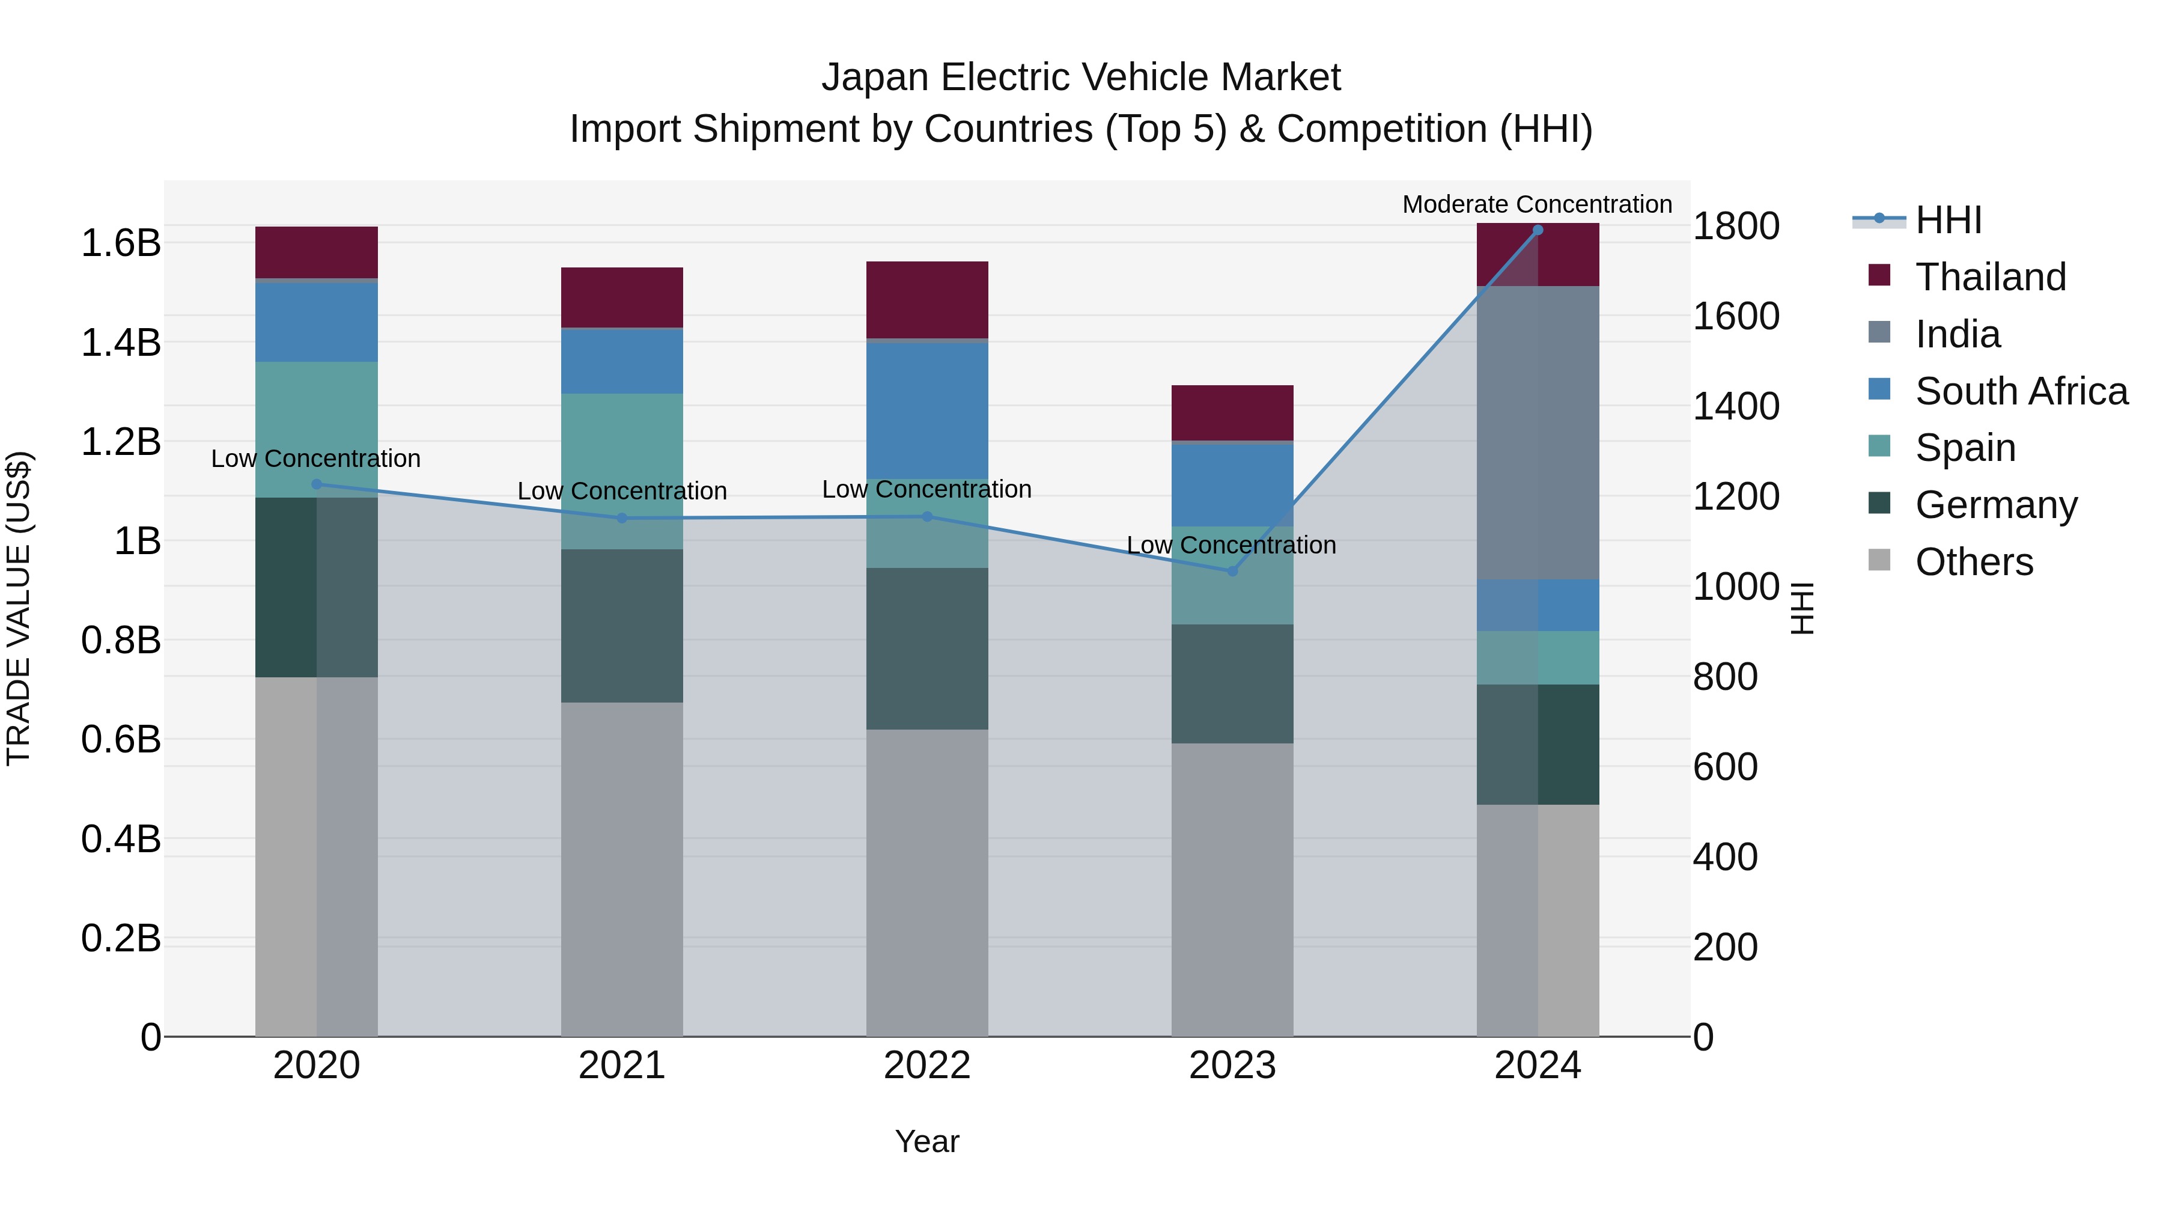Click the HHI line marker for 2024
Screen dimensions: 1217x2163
tap(1538, 230)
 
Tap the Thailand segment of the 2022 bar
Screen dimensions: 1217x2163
tap(927, 300)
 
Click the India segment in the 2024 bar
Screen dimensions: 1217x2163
tap(1538, 433)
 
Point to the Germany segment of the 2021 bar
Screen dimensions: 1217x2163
tap(621, 626)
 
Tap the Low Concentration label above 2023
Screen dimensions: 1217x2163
tap(1231, 545)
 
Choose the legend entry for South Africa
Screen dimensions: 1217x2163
tap(2021, 391)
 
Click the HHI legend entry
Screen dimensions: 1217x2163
tap(1948, 220)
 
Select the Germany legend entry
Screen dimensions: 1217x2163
tap(1996, 505)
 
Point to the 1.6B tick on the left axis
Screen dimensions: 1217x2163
tap(121, 243)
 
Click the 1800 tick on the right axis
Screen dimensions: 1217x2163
tap(1736, 226)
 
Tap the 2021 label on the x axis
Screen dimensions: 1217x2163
tap(621, 1066)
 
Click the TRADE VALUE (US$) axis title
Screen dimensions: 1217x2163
tap(19, 608)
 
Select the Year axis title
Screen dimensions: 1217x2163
tap(927, 1141)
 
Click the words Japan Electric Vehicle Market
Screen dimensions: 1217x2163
tap(1081, 78)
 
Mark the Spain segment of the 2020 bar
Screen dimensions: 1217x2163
tap(317, 429)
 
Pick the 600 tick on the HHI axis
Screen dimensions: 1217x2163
tap(1726, 767)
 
